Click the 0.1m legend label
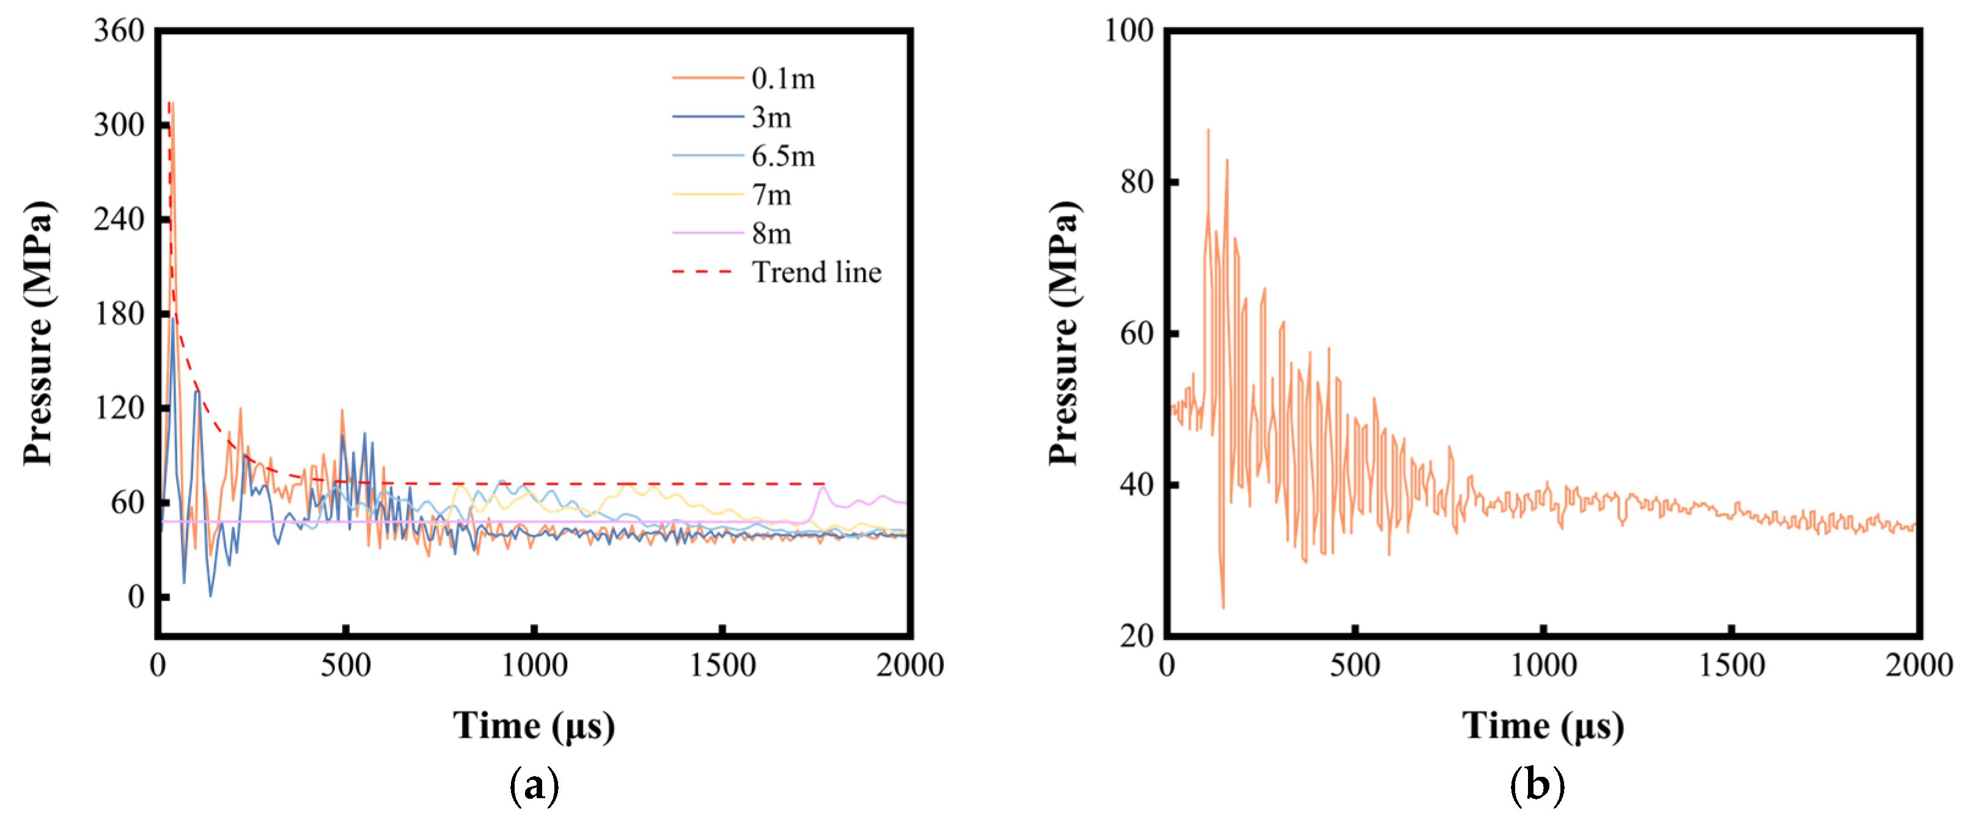click(x=783, y=79)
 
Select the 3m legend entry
click(x=771, y=117)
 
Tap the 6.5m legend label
click(x=783, y=156)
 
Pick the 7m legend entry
click(x=771, y=195)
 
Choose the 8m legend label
click(x=771, y=233)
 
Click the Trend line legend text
click(x=816, y=272)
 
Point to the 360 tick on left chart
click(x=119, y=31)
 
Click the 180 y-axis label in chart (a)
click(x=119, y=313)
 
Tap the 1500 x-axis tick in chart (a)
click(x=722, y=665)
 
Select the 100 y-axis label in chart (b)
click(x=1128, y=31)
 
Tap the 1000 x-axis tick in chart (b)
click(x=1543, y=665)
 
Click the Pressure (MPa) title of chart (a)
click(x=38, y=333)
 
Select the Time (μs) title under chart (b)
click(x=1543, y=725)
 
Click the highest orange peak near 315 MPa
click(x=172, y=103)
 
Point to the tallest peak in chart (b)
click(x=1208, y=131)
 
